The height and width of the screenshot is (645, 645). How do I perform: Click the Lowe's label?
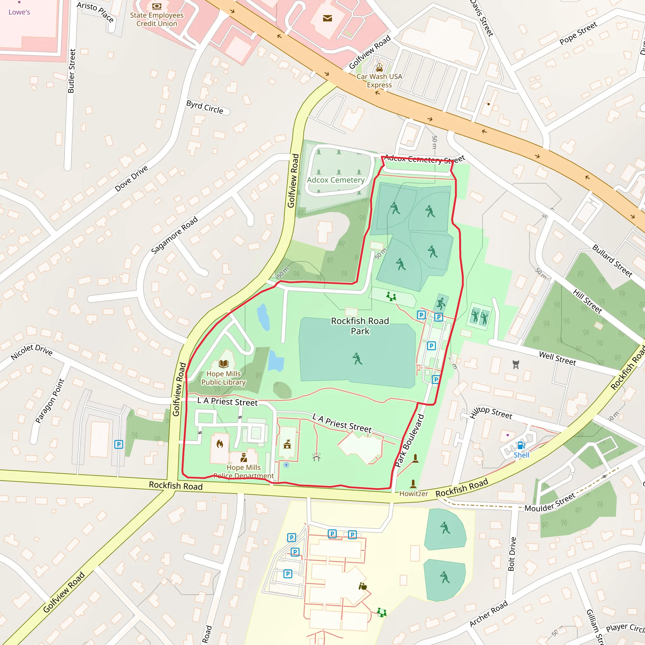(19, 12)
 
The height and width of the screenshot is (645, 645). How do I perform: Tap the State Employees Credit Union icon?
(157, 6)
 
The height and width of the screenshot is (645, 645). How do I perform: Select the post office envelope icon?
(327, 18)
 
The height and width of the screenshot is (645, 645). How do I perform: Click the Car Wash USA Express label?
(379, 81)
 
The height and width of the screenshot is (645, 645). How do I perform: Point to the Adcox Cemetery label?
(335, 180)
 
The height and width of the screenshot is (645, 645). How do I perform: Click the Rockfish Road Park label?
(360, 326)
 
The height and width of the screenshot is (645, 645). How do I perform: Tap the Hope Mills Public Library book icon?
(223, 363)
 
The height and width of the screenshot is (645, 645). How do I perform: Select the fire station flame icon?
(220, 444)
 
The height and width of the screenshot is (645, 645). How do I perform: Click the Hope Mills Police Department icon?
(244, 457)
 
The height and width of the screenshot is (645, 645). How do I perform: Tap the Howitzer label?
(413, 494)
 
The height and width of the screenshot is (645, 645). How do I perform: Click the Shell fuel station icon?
(521, 445)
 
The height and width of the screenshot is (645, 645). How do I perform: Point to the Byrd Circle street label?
(205, 107)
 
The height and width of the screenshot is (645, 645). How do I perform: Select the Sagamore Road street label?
(174, 235)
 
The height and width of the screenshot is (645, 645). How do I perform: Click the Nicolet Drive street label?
(31, 352)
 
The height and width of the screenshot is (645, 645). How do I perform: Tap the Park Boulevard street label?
(409, 441)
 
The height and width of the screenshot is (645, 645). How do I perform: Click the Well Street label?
(557, 358)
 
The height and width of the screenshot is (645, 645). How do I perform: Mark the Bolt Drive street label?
(512, 554)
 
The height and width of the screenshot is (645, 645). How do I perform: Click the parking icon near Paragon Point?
(118, 444)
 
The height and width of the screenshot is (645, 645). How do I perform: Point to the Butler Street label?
(71, 71)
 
